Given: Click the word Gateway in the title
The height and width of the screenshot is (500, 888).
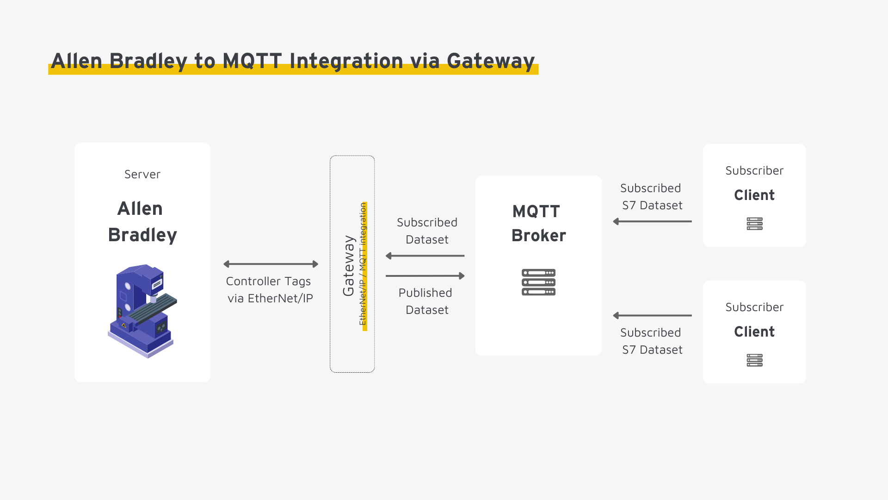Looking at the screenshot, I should click(490, 61).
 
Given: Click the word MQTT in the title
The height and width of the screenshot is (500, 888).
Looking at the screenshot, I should click(252, 61).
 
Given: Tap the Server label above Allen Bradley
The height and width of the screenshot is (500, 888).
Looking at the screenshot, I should click(142, 175).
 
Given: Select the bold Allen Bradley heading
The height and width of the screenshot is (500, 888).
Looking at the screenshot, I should click(142, 222).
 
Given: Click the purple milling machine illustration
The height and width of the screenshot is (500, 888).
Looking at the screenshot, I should click(142, 311).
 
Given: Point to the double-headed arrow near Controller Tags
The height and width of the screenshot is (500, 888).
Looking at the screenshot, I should click(271, 264).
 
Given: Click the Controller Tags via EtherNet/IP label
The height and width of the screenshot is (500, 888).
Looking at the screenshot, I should click(270, 290).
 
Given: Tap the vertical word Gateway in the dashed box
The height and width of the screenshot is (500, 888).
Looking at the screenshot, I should click(348, 265).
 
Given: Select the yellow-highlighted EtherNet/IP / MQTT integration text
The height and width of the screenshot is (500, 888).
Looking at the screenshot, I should click(363, 264).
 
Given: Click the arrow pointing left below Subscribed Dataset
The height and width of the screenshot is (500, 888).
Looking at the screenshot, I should click(425, 256).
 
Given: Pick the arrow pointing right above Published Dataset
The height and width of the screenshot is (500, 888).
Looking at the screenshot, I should click(425, 276).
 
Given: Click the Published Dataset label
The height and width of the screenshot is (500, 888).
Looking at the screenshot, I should click(426, 301).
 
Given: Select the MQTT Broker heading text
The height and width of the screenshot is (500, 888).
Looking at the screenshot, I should click(538, 224).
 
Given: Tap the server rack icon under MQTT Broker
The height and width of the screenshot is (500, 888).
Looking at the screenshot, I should click(538, 282).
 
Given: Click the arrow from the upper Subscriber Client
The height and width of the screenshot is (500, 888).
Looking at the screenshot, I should click(652, 221).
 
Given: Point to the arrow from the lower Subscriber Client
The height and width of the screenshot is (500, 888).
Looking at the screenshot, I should click(652, 316).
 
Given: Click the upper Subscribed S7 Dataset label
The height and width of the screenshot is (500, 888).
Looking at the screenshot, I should click(651, 197).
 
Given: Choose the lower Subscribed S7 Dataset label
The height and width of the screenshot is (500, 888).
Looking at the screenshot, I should click(651, 341).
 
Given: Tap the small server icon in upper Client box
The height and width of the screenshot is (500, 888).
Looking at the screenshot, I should click(754, 224).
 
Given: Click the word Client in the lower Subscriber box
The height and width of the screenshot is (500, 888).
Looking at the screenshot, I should click(754, 331).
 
